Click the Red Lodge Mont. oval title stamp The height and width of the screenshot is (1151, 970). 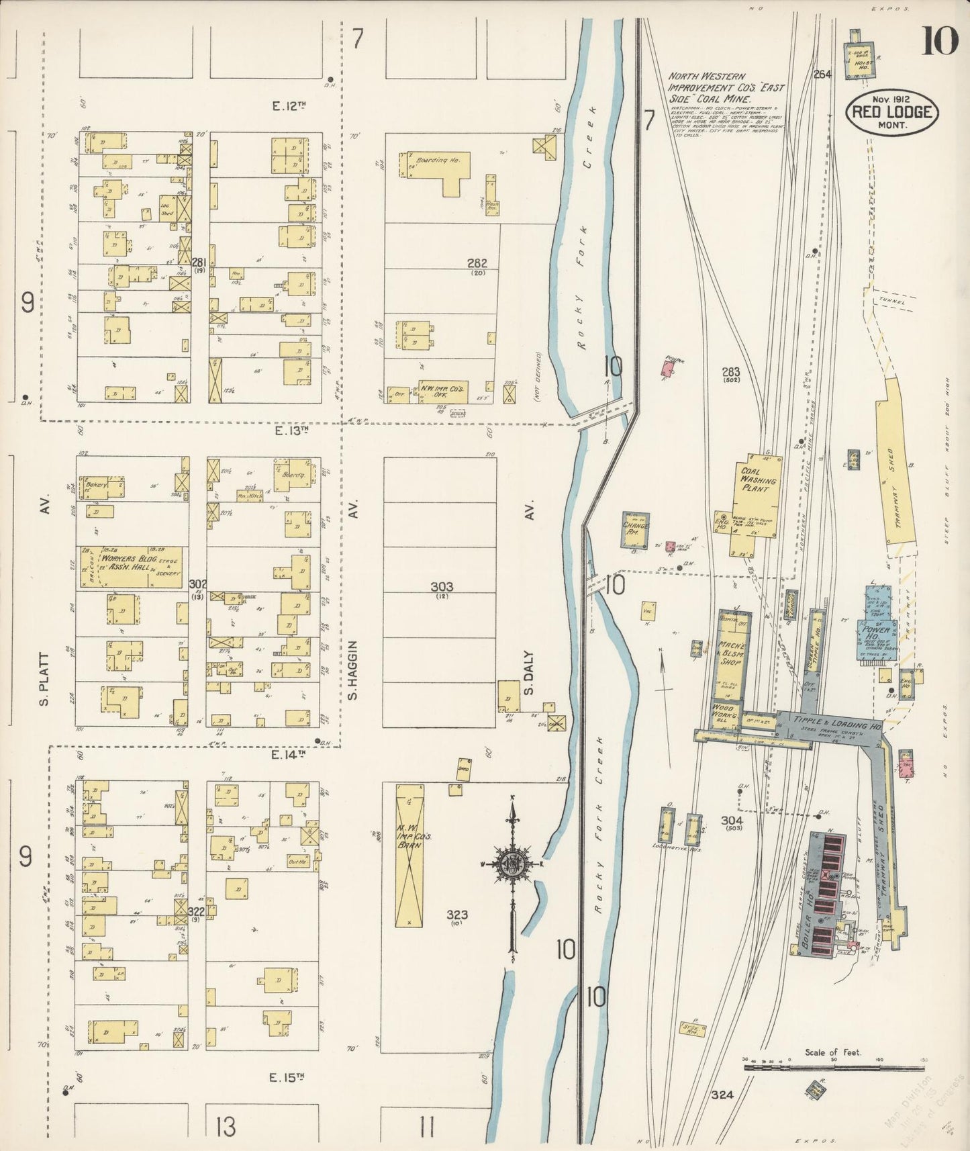pos(893,112)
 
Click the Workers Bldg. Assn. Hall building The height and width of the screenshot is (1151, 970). pos(131,567)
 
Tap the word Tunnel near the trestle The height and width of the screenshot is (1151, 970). pos(891,302)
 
